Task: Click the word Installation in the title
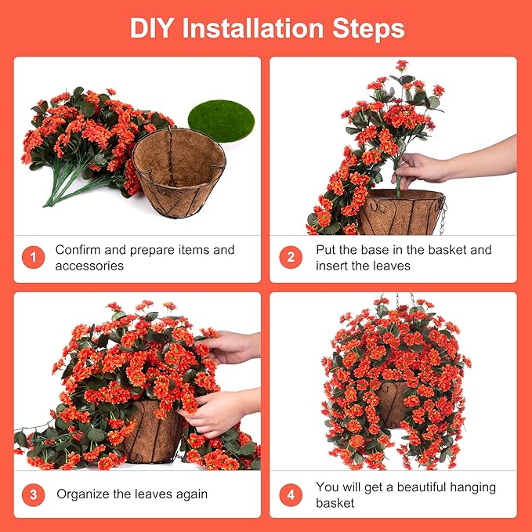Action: (x=258, y=28)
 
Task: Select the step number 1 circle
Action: (x=33, y=258)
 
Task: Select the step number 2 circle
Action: (x=291, y=258)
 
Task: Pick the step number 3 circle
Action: (x=33, y=494)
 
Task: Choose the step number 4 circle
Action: (x=291, y=494)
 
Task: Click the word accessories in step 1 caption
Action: (x=89, y=266)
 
